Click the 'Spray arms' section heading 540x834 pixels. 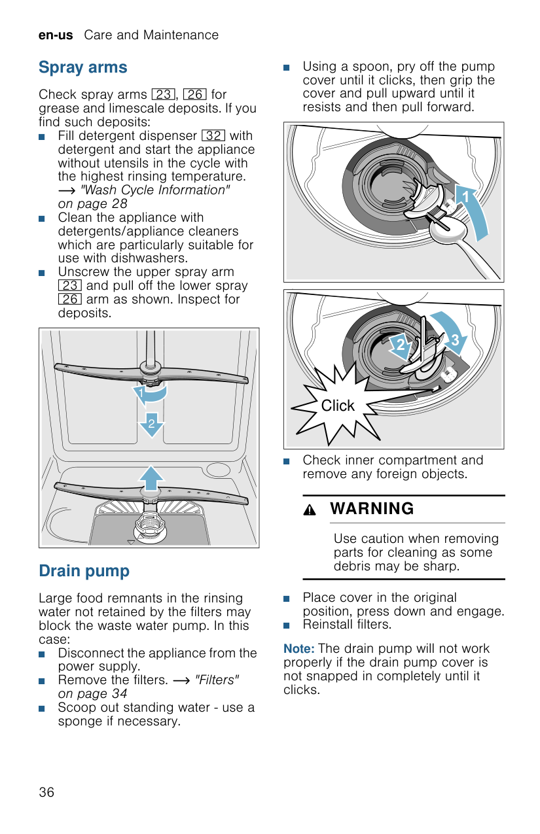tap(83, 67)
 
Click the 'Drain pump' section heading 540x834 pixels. tap(84, 571)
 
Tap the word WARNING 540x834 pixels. tap(372, 509)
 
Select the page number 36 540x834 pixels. tap(46, 792)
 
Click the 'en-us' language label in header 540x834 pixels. tap(56, 35)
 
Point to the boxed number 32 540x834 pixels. tap(213, 136)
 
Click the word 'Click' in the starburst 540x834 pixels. tap(338, 406)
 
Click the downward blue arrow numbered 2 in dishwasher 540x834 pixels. tap(151, 425)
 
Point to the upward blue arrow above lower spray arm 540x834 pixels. tap(151, 478)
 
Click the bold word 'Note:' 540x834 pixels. tap(299, 649)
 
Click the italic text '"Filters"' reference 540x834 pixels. tap(217, 680)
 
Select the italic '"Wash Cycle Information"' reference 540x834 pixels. tap(155, 190)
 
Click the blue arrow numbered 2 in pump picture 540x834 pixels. tap(400, 345)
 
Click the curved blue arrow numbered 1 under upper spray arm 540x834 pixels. tap(151, 394)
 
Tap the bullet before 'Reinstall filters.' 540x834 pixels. tap(287, 625)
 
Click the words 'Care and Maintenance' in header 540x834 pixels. tap(151, 35)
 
